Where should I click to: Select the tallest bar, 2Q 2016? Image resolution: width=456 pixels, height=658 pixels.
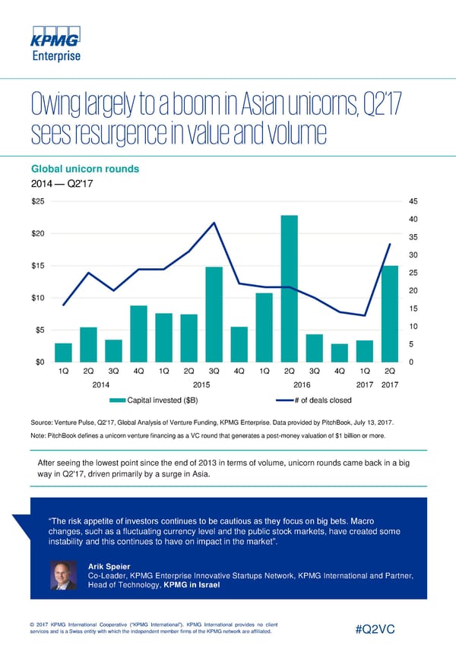click(289, 289)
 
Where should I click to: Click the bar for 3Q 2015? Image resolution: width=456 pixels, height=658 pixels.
click(214, 315)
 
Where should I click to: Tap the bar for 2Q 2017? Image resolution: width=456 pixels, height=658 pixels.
click(389, 314)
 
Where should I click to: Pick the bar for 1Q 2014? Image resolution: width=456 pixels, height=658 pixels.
click(64, 353)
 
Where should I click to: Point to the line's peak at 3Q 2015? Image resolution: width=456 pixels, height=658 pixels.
click(214, 223)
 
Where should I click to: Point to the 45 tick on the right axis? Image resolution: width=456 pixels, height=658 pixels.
click(414, 201)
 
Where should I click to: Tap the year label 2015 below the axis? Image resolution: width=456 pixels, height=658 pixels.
click(202, 384)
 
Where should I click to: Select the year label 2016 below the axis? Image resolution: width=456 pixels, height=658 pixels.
click(302, 384)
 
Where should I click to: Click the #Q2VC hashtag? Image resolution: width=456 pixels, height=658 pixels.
click(381, 631)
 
